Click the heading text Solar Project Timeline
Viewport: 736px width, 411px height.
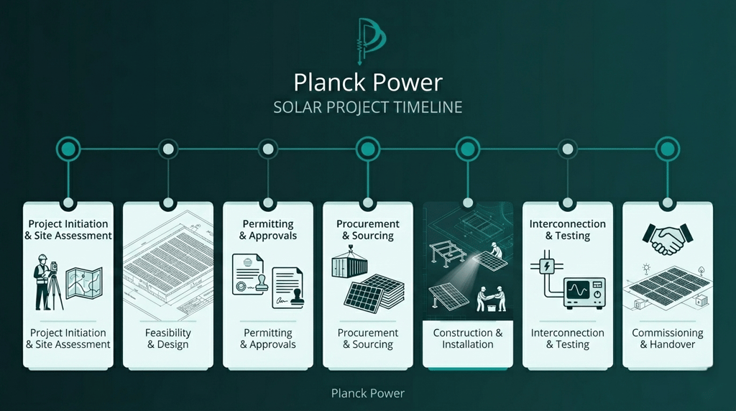point(367,107)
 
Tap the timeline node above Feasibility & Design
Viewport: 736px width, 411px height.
point(168,149)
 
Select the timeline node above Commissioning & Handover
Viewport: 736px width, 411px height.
point(667,149)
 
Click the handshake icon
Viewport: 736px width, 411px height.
point(667,239)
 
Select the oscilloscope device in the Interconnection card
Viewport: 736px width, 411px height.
point(584,292)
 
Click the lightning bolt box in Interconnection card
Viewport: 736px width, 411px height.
point(548,265)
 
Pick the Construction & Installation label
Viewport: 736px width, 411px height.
point(468,338)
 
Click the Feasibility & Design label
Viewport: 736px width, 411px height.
point(168,338)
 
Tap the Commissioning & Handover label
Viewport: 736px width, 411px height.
point(668,338)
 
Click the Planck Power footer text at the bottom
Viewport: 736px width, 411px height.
point(368,393)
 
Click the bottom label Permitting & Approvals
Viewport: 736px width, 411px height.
point(268,338)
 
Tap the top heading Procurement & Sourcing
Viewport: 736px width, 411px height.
point(368,230)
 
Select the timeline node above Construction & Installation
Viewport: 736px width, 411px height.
point(468,149)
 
